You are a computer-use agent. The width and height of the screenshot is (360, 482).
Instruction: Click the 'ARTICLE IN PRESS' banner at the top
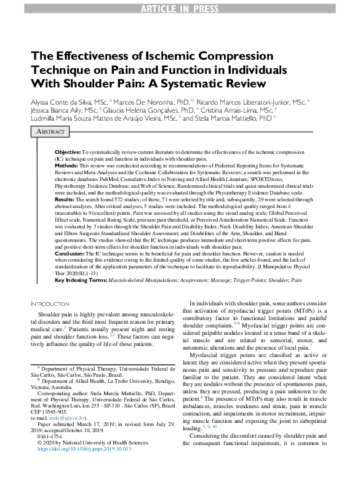pyautogui.click(x=180, y=8)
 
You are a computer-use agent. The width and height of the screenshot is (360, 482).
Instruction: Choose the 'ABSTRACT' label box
pyautogui.click(x=52, y=132)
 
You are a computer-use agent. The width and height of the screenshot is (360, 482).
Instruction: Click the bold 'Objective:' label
pyautogui.click(x=68, y=151)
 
